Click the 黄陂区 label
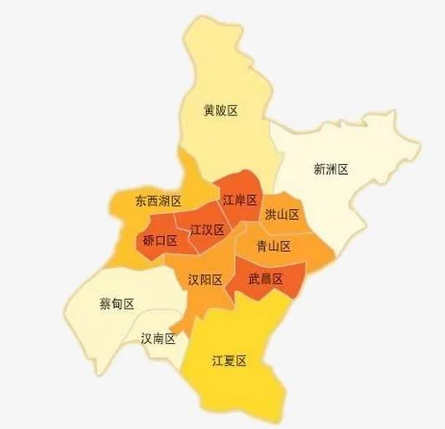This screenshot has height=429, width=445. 221,110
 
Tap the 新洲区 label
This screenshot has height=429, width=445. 330,169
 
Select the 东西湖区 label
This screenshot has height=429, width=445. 158,201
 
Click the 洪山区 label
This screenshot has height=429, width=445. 282,215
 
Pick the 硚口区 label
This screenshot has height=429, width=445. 160,241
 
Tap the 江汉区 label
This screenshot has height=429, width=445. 207,229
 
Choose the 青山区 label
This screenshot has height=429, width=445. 273,246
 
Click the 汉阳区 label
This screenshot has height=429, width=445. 205,279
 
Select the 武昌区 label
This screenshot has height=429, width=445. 265,278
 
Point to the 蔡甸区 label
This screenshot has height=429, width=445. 116,304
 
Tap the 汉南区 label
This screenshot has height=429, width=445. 158,339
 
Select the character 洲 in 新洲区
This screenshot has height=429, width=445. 330,169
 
